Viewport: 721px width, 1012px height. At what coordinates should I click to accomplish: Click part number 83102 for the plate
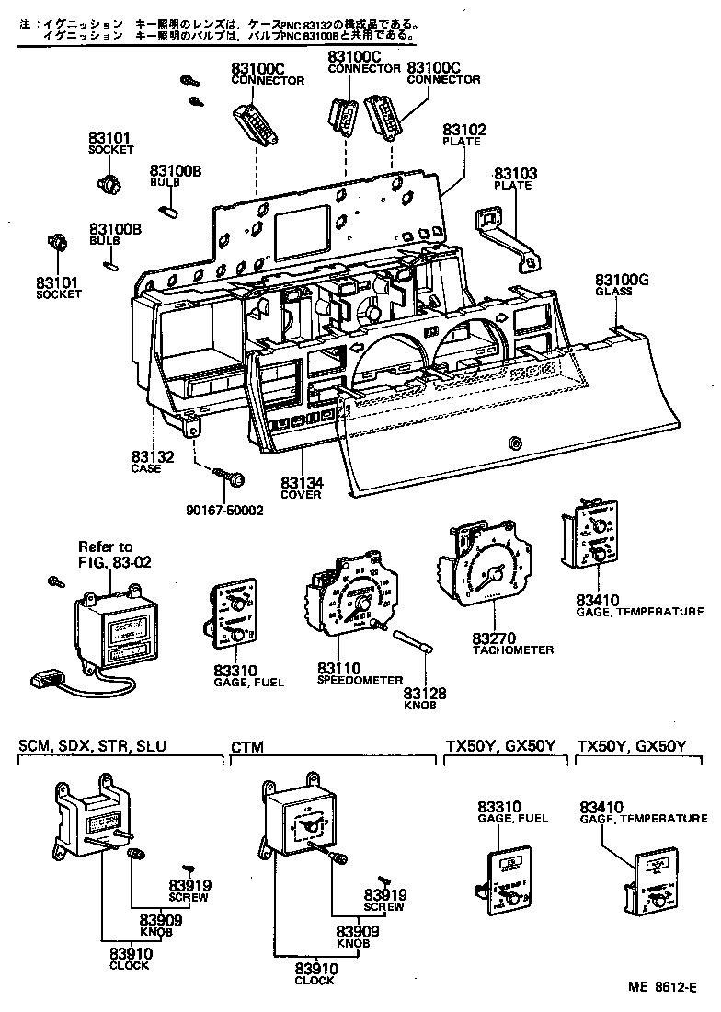coord(463,131)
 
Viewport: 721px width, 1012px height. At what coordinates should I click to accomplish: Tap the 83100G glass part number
coord(622,280)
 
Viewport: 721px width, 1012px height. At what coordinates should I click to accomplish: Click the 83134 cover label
coord(302,482)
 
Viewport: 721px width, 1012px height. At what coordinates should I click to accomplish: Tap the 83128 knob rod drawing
coord(411,643)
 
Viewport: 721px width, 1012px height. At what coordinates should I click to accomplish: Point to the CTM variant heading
coord(243,746)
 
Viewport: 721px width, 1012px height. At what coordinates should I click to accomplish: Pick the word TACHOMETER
coord(513,650)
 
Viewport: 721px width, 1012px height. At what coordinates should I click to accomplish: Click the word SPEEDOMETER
coord(360,680)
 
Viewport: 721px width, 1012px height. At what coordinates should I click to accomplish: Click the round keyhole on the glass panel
coord(513,444)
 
